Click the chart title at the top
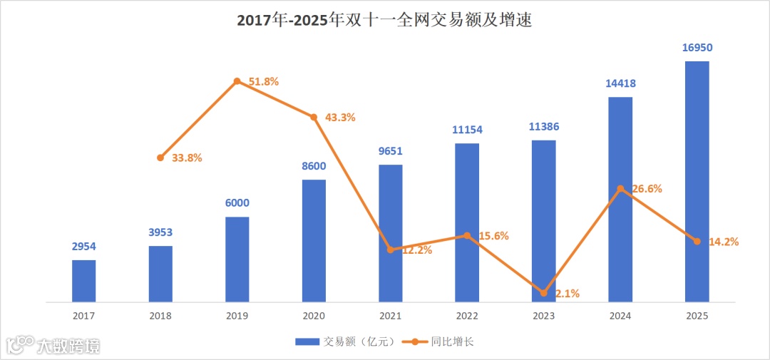tap(384, 21)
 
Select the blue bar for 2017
tap(83, 281)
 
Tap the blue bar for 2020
tap(314, 241)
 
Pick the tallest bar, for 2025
tap(697, 182)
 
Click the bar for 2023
tap(543, 221)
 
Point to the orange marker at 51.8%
tap(237, 81)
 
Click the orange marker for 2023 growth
tap(543, 293)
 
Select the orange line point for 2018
tap(160, 158)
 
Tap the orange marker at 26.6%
tap(620, 189)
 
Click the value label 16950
tap(697, 48)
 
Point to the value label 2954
tap(83, 247)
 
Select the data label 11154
tap(467, 130)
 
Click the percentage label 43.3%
tap(340, 117)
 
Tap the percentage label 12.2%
tap(416, 250)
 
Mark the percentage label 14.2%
tap(723, 242)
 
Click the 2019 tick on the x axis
tap(237, 315)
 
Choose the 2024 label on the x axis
tap(620, 315)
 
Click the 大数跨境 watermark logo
tap(53, 346)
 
